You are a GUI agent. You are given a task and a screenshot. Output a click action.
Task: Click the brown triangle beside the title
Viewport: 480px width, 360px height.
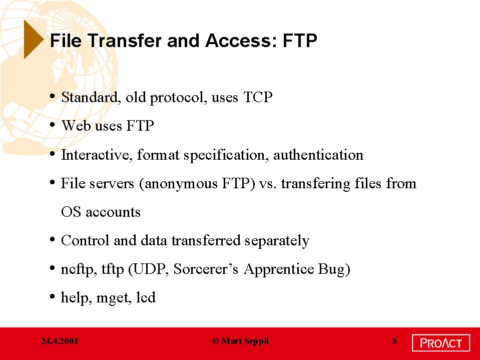tap(33, 39)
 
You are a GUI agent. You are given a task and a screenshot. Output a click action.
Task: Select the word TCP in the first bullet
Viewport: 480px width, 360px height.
tap(258, 97)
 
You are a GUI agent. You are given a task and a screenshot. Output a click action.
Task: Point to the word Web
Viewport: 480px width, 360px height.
tap(76, 126)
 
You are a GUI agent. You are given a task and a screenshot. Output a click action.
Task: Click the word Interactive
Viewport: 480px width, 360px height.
tap(97, 155)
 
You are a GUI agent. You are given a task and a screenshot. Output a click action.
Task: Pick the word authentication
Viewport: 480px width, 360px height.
tap(318, 155)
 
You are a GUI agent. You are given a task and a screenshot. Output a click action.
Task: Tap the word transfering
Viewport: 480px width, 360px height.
tap(316, 184)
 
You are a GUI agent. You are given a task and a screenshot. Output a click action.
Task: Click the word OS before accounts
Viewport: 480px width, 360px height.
tap(71, 212)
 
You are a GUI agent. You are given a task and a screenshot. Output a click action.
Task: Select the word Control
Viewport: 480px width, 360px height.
tap(85, 240)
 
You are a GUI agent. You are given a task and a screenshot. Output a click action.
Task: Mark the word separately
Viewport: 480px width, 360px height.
tap(277, 241)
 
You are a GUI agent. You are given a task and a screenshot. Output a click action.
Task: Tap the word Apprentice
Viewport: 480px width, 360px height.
tap(279, 269)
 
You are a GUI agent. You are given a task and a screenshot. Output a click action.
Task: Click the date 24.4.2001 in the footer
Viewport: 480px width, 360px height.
tap(60, 341)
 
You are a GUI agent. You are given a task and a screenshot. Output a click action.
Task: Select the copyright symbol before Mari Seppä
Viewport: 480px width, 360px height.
tap(216, 341)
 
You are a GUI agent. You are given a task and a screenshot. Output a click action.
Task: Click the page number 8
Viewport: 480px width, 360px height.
tap(394, 341)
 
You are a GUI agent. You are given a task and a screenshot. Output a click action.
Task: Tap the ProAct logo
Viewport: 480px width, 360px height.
tap(441, 343)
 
